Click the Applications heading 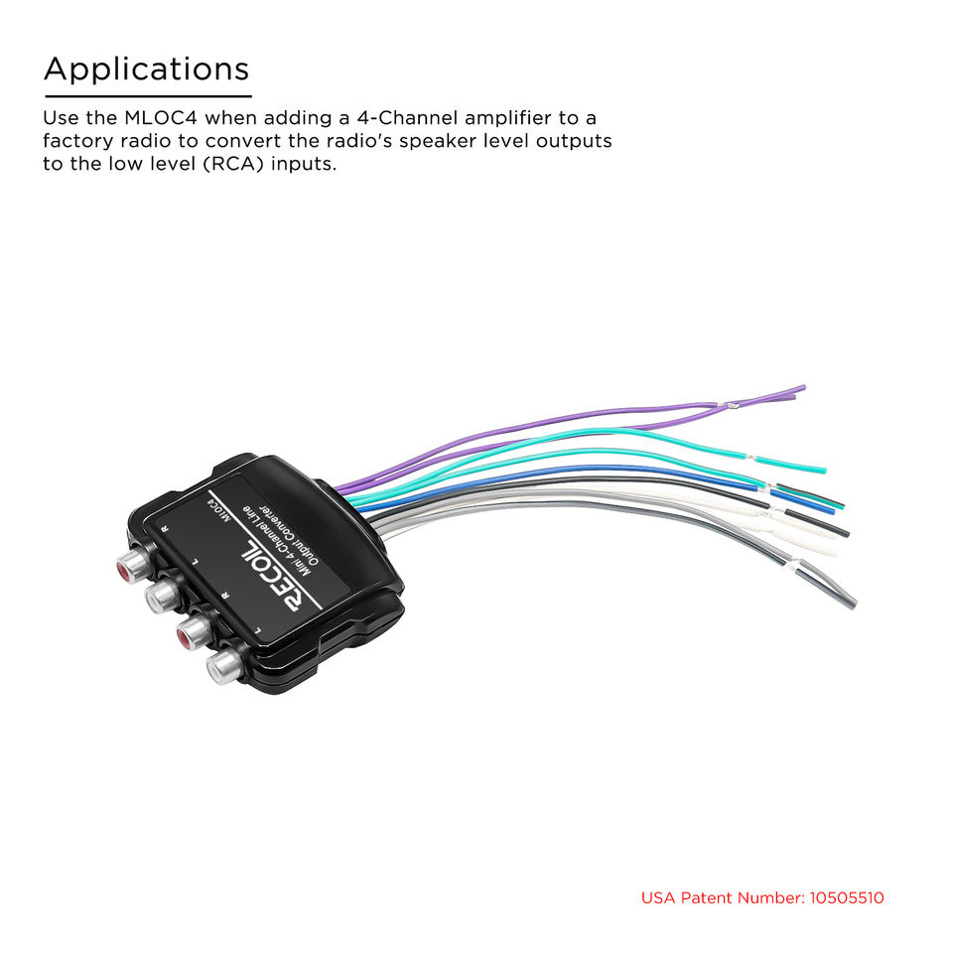pos(146,69)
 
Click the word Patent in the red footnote pos(715,898)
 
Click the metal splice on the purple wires pos(732,404)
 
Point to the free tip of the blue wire pos(832,508)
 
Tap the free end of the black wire pos(846,533)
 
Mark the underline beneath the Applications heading pos(147,95)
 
